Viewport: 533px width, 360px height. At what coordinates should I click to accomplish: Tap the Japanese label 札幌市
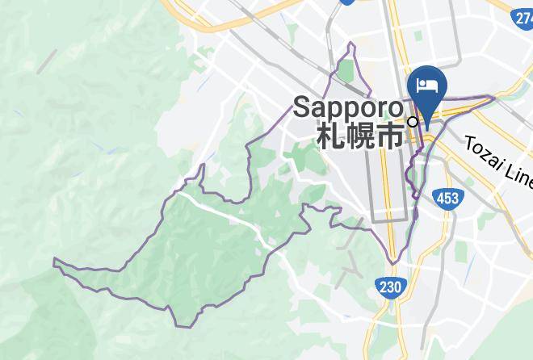(360, 136)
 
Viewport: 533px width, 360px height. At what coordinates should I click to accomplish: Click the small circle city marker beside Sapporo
(413, 122)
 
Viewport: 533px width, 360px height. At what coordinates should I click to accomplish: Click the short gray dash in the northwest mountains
(47, 61)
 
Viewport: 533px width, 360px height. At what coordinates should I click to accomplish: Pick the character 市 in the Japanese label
(390, 136)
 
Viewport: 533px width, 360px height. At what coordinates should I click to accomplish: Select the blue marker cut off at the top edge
(348, 2)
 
